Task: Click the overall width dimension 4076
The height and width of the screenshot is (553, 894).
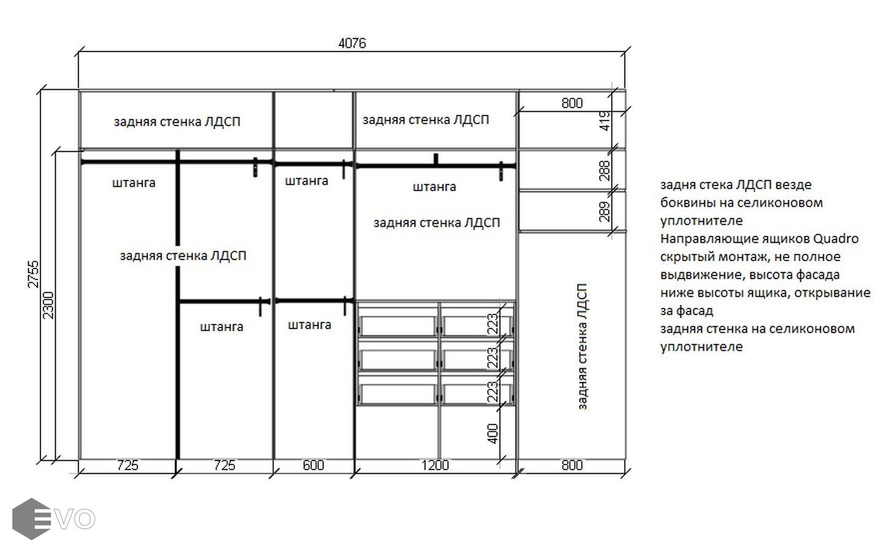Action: (352, 43)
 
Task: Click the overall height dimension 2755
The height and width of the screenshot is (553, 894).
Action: (34, 274)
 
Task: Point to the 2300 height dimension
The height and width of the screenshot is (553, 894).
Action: (48, 305)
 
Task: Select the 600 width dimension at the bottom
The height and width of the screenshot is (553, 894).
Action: (313, 465)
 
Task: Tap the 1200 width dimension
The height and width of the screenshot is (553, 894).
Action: (435, 465)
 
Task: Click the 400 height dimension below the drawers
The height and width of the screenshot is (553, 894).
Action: (493, 434)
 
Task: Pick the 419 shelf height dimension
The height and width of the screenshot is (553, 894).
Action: (605, 121)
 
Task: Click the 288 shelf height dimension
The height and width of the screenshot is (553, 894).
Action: (605, 170)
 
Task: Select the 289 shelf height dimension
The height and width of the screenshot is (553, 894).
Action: (605, 211)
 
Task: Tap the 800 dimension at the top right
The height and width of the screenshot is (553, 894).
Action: (572, 103)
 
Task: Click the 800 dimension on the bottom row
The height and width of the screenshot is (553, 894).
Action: (572, 465)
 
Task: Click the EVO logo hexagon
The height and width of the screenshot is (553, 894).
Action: (32, 519)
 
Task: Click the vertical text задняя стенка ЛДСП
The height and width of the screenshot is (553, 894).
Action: (582, 347)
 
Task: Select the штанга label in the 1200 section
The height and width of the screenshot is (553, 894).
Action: (434, 187)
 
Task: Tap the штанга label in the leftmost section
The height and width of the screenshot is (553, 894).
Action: (134, 183)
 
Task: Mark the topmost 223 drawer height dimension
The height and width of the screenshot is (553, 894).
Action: (493, 324)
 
